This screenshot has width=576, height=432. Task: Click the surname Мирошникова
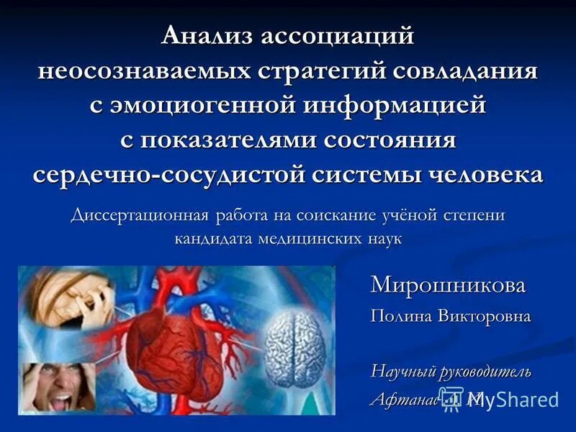[448, 285]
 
